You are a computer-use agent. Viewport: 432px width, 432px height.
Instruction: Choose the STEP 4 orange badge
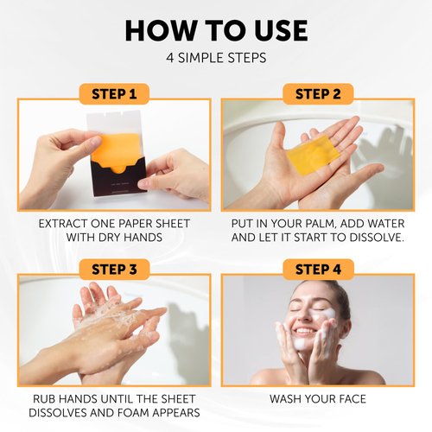[x=317, y=269]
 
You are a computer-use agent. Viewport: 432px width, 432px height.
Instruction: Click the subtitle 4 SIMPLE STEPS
[x=216, y=59]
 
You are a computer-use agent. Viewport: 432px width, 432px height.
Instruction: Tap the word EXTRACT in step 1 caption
[x=67, y=224]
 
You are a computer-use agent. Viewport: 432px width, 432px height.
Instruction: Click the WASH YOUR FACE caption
[x=317, y=399]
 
